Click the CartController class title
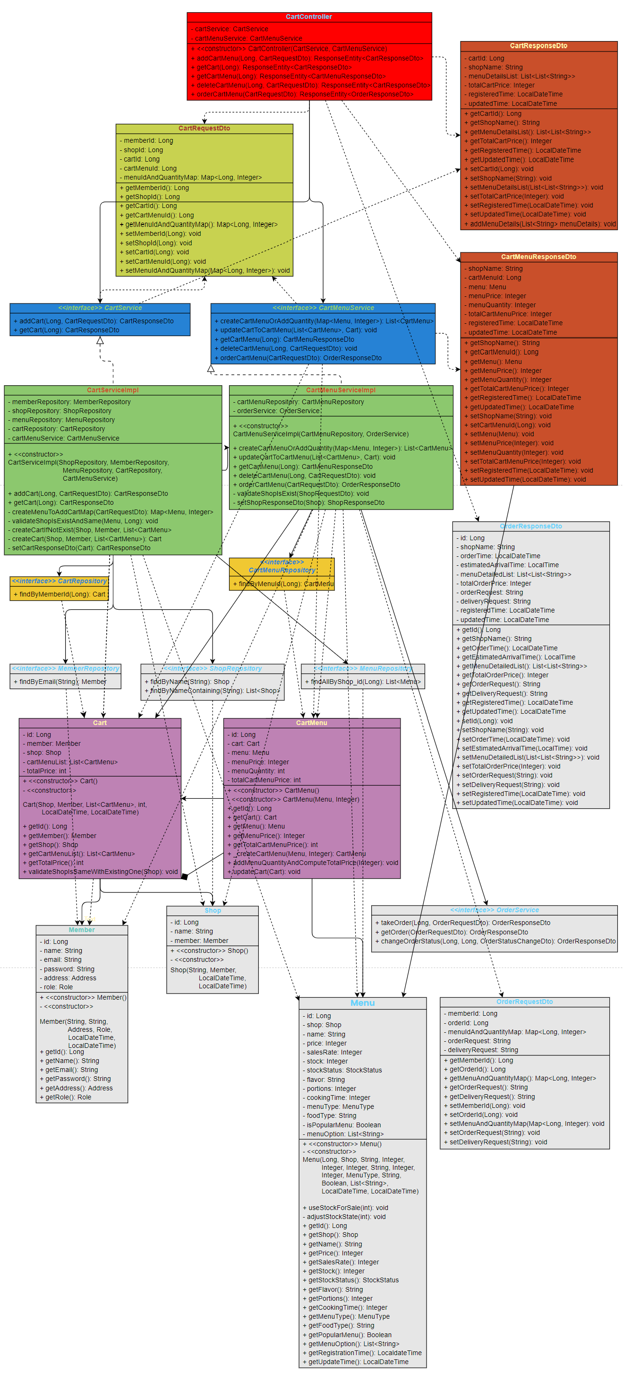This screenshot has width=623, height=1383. point(308,17)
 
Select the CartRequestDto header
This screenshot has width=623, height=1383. point(204,128)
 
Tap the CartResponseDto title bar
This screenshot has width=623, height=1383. point(538,46)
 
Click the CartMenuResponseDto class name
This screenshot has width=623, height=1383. point(538,257)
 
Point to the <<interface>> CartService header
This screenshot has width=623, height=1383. point(100,308)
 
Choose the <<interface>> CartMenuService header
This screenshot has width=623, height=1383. point(323,308)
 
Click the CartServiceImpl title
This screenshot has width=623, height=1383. point(113,390)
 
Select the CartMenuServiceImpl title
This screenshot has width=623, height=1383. point(341,390)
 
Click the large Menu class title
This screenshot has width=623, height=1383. point(362,1003)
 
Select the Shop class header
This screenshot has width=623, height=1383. point(213,910)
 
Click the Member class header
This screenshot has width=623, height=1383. point(82,929)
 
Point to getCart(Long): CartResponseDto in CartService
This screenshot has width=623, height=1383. point(69,330)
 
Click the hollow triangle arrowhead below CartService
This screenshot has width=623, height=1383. point(100,340)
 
